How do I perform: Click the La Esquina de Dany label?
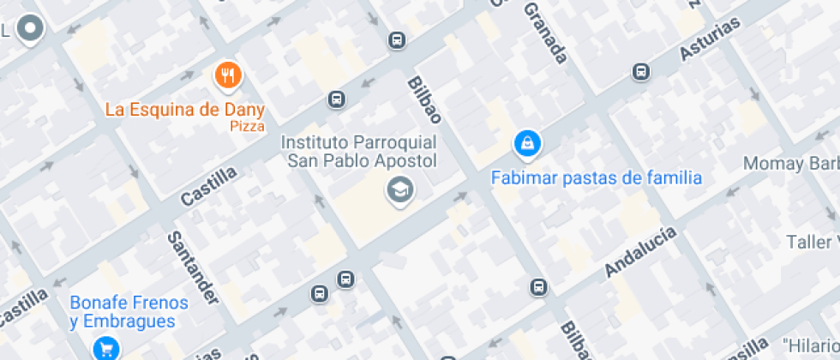pos(184,110)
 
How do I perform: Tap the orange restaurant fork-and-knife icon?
pos(227,76)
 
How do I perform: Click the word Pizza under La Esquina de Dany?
pos(247,126)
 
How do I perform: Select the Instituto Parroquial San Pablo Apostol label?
pos(361,151)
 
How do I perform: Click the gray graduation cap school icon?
pos(399,191)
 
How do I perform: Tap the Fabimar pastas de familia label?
pos(596,178)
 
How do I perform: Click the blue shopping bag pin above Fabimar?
pos(527,143)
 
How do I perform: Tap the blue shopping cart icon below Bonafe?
pos(106,348)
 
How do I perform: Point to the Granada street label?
pos(546,34)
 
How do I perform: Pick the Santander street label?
pos(193,268)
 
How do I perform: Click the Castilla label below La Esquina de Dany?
pos(208,187)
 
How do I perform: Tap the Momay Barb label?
pos(790,163)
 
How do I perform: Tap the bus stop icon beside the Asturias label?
pos(640,72)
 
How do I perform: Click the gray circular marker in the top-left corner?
pos(32,28)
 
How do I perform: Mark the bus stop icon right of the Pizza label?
pos(337,100)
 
